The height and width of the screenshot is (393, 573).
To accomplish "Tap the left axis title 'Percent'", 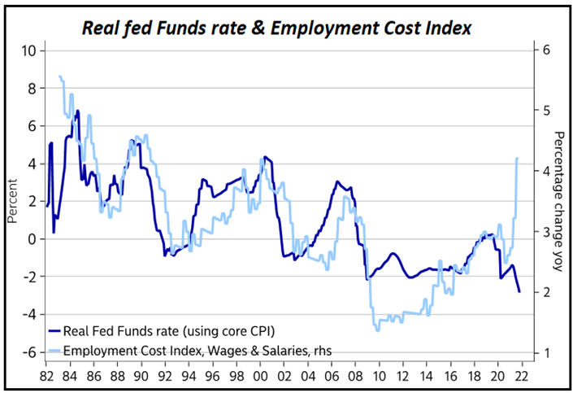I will coord(11,201).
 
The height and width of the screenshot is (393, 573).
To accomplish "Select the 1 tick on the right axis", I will coord(541,352).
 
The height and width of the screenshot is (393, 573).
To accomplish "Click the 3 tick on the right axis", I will coord(541,232).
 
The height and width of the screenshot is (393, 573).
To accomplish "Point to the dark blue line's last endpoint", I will coord(519,291).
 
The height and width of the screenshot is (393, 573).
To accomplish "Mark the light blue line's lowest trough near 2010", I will coord(377,330).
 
